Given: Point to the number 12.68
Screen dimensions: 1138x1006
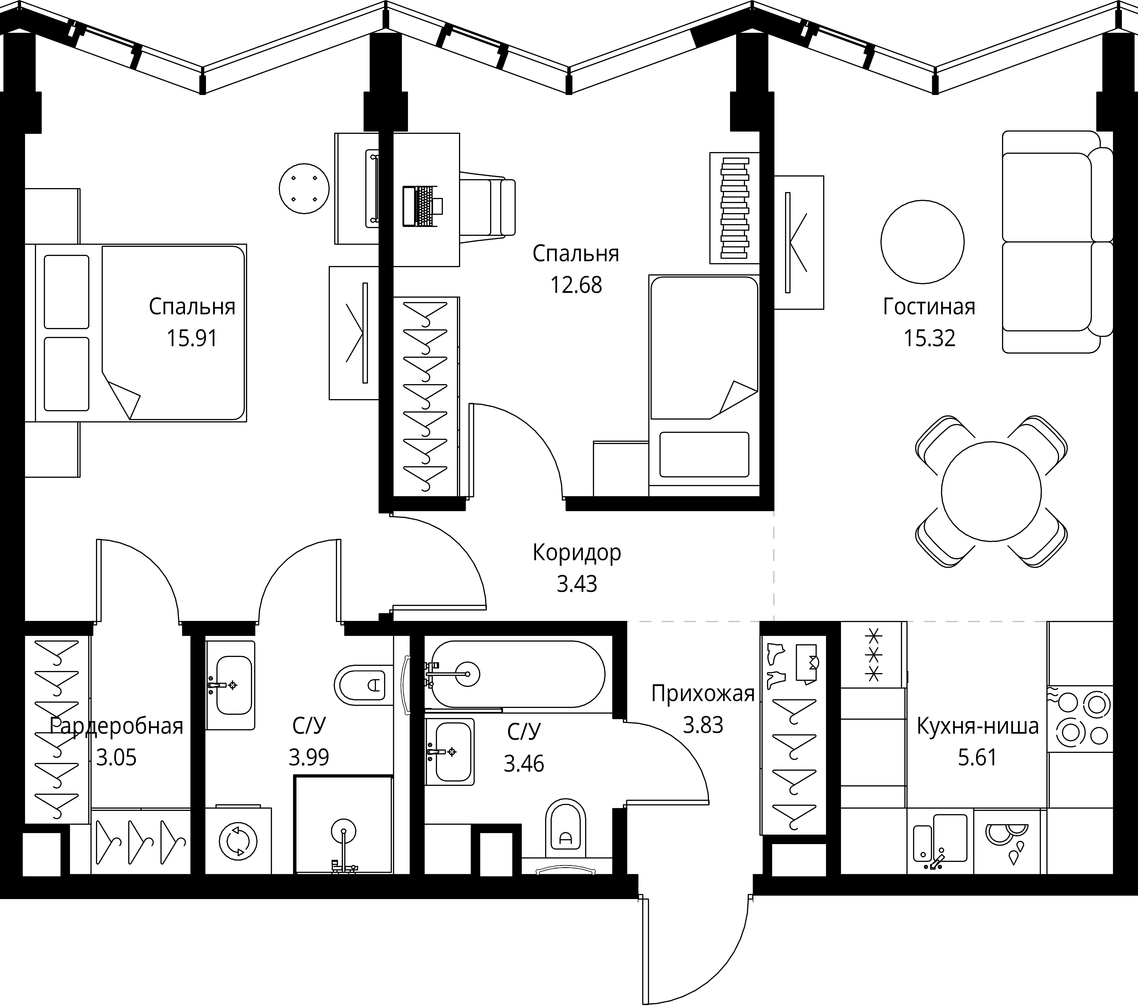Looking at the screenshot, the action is click(x=576, y=285).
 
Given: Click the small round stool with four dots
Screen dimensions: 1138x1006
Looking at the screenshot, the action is click(x=305, y=189).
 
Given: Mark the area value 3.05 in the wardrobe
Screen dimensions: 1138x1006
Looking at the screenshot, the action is click(x=116, y=758).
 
